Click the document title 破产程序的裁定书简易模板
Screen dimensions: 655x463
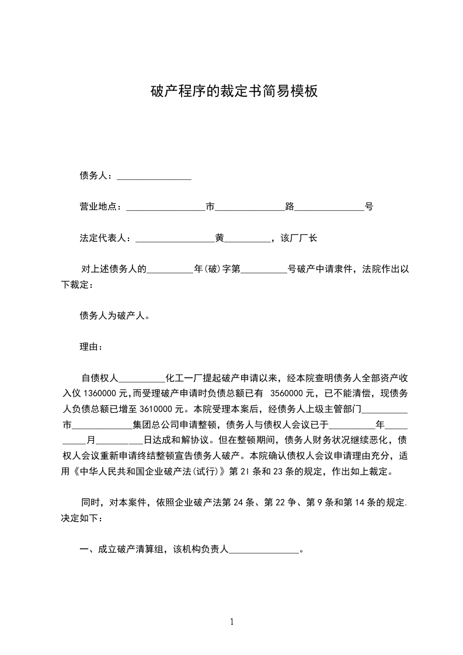click(234, 92)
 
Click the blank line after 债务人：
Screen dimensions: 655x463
click(154, 176)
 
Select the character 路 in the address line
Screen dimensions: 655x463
click(289, 207)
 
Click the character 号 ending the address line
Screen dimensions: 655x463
click(369, 207)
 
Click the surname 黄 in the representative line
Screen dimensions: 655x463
click(220, 238)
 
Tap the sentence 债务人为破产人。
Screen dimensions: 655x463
click(115, 316)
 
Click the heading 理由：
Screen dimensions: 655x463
click(91, 347)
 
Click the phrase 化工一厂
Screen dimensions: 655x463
click(185, 378)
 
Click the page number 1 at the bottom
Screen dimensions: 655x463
click(232, 622)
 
